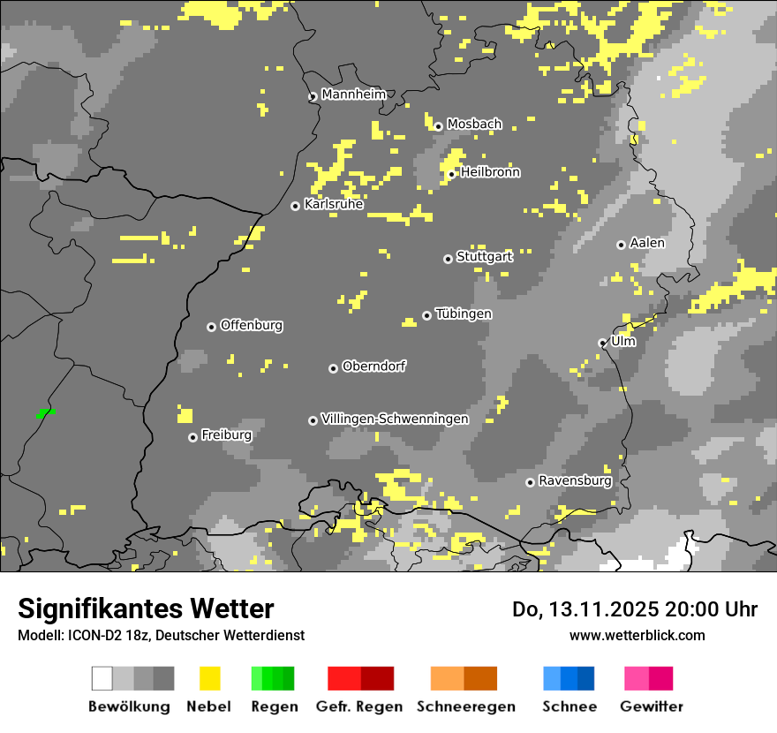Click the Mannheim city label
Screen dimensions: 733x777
coord(353,94)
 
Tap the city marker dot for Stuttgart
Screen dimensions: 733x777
coord(448,259)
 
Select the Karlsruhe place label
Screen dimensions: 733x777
coord(333,204)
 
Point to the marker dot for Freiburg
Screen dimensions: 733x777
coord(192,437)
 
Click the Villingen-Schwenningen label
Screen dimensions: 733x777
coord(395,419)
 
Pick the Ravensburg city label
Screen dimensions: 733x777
coord(575,480)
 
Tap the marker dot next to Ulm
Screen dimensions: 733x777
coord(602,343)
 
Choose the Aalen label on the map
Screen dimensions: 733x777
coord(647,243)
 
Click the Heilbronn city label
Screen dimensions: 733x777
coord(490,172)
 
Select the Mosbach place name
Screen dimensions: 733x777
coord(474,125)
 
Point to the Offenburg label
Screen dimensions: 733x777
coord(251,325)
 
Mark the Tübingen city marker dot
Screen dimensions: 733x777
coord(426,315)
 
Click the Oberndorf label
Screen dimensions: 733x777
coord(373,366)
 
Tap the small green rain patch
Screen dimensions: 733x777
coord(46,412)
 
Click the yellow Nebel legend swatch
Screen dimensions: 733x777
coord(209,678)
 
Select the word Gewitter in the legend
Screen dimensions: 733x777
coord(651,707)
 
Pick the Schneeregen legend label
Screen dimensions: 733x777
coord(465,707)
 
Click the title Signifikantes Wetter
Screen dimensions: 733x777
coord(146,608)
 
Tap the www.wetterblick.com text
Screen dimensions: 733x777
coord(637,635)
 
